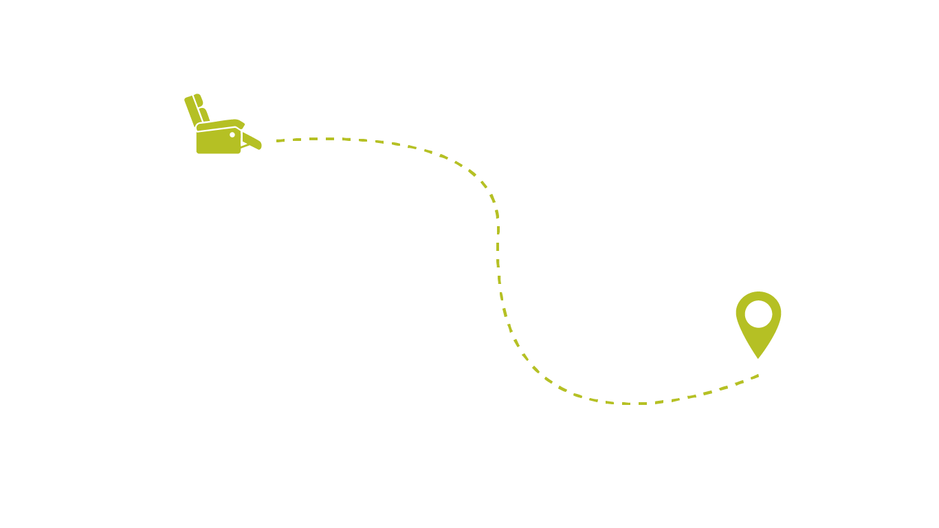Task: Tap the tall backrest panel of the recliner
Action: point(192,110)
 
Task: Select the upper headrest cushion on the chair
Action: point(199,100)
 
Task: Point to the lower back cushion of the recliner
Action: point(204,114)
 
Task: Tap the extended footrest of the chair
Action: point(252,141)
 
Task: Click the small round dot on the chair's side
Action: point(232,135)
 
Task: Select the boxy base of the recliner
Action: point(217,143)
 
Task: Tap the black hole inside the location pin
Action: point(758,313)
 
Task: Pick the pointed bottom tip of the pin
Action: point(758,355)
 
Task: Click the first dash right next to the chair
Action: point(280,140)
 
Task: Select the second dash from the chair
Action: point(297,140)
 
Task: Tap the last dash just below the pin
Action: point(754,376)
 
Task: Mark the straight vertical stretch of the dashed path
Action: point(498,254)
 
